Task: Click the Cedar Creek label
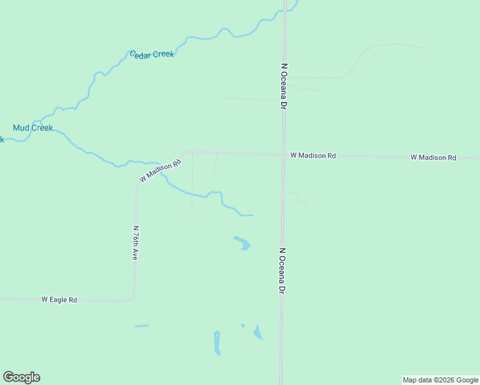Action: [x=152, y=55]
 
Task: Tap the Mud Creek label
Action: [x=33, y=128]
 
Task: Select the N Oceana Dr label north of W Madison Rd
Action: [x=282, y=86]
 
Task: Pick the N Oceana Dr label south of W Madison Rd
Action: [x=282, y=271]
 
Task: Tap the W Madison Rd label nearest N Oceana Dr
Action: [x=313, y=155]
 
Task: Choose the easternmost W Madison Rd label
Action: [x=433, y=157]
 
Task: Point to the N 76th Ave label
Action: [x=135, y=243]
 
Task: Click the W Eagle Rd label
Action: [x=59, y=300]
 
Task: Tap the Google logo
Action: [x=21, y=377]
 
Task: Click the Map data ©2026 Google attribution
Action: [x=440, y=380]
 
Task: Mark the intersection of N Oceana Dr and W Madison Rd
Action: [x=283, y=155]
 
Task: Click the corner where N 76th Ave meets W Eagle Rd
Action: [x=133, y=299]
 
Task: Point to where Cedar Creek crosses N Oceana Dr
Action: [x=285, y=11]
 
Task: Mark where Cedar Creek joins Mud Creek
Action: [x=41, y=122]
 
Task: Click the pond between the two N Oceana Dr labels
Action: [x=242, y=243]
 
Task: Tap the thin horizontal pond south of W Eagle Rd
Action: [x=141, y=326]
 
